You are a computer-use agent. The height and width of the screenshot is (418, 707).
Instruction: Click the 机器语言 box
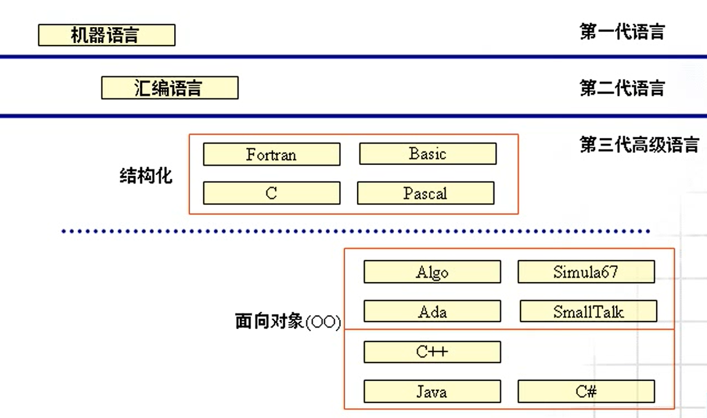point(106,35)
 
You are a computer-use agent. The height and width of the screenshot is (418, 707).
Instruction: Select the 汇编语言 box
point(169,88)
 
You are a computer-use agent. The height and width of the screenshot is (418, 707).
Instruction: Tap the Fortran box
point(271,155)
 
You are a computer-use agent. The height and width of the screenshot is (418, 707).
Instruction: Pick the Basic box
point(427,154)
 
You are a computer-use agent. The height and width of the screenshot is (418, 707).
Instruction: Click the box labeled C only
point(271,193)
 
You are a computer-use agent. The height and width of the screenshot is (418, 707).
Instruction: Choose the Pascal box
point(425,193)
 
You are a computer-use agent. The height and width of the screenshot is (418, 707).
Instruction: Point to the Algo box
point(432,272)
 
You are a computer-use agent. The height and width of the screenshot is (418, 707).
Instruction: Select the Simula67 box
point(586,272)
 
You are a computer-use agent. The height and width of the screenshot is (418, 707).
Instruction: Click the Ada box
point(432,311)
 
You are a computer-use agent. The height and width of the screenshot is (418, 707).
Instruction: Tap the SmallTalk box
point(588,311)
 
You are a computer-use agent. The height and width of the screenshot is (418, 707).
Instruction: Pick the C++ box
point(432,352)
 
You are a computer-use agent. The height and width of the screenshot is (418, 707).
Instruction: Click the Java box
point(432,392)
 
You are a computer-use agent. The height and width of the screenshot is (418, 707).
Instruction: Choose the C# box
point(586,392)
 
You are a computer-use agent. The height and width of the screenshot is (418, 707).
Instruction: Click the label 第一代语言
point(622,32)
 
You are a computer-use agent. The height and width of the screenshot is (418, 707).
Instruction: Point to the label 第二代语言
point(622,88)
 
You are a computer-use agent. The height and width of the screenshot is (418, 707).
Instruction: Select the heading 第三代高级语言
point(639,145)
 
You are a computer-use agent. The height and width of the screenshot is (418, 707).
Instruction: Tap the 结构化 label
point(146,177)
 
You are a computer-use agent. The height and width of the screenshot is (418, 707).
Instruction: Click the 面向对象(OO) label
point(287,321)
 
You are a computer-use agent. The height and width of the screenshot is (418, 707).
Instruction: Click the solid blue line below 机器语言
point(353,57)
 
